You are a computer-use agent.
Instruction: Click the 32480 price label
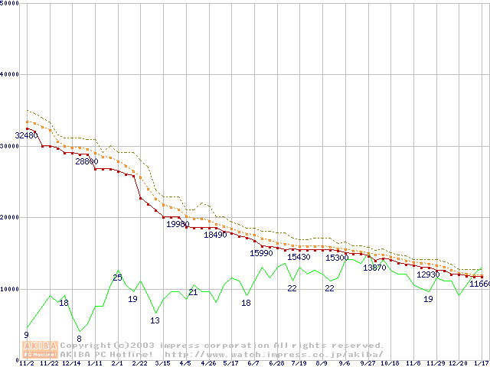[x=26, y=135]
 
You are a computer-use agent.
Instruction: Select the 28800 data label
[x=87, y=161]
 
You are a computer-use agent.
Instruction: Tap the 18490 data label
[x=215, y=235]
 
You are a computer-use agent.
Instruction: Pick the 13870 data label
[x=374, y=268]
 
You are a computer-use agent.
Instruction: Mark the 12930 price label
[x=428, y=274]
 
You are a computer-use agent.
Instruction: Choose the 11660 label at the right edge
[x=479, y=284]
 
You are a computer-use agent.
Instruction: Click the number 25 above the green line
[x=117, y=278]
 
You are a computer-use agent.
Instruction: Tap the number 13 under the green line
[x=155, y=320]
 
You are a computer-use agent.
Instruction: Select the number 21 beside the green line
[x=193, y=292]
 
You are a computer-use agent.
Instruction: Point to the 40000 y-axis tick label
[x=9, y=74]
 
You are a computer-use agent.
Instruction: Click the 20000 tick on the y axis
[x=9, y=217]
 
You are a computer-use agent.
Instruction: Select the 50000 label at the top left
[x=9, y=3]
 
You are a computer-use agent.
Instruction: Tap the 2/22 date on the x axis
[x=140, y=363]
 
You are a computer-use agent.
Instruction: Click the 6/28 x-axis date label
[x=276, y=363]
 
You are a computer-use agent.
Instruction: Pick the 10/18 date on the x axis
[x=390, y=363]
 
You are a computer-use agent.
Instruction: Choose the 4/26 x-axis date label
[x=208, y=363]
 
